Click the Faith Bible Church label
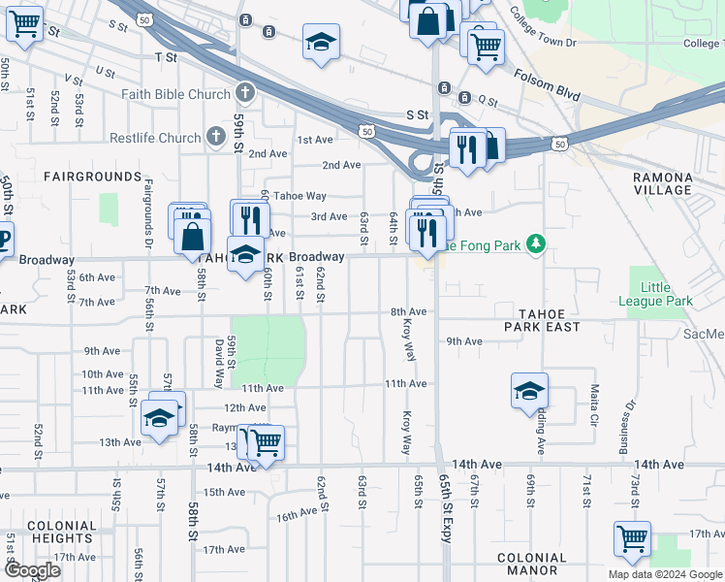coord(175,94)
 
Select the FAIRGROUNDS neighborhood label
coord(92,177)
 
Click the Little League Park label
coord(655,294)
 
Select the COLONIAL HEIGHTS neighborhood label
coord(62,532)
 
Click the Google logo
coord(31,570)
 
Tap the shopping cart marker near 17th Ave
coord(632,537)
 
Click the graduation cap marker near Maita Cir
coord(529,391)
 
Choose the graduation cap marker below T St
coord(321,43)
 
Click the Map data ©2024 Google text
coord(665,574)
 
